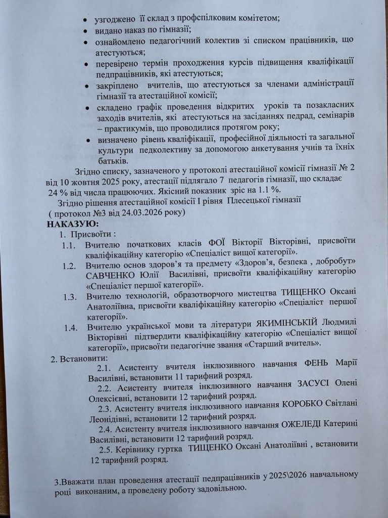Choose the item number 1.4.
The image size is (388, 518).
point(72,326)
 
